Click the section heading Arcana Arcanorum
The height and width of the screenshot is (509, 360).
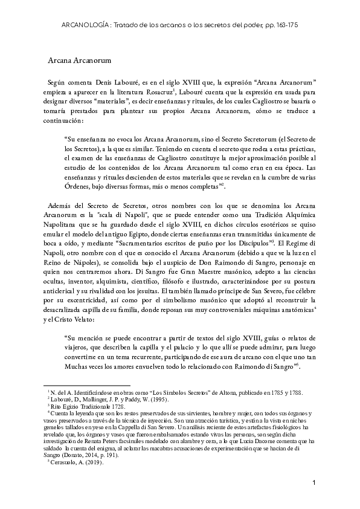78,60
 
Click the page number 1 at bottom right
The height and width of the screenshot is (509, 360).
315,483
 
